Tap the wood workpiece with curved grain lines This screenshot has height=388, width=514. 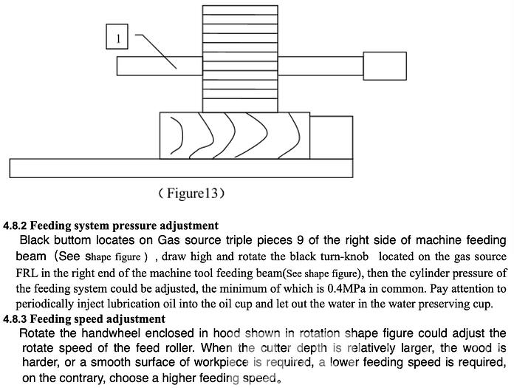[x=235, y=135]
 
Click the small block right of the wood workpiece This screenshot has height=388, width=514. [x=329, y=135]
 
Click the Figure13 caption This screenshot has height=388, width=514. [x=191, y=194]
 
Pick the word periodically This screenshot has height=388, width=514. [x=47, y=304]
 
